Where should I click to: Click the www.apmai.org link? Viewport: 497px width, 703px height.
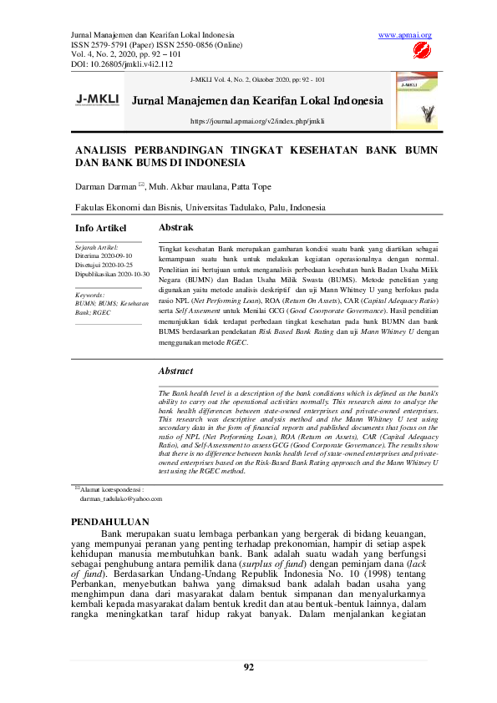pos(405,35)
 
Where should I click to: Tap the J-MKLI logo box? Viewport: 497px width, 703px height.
pos(98,99)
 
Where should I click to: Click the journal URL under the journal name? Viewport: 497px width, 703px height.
pos(257,121)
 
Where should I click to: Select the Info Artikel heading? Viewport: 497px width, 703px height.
pos(101,228)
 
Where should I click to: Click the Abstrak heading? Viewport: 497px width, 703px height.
pos(175,227)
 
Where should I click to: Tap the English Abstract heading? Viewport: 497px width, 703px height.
pos(175,371)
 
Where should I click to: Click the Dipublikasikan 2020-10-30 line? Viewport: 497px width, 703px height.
pos(113,273)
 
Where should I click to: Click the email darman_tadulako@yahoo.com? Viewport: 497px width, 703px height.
pos(120,498)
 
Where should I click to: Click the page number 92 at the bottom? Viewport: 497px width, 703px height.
pos(248,666)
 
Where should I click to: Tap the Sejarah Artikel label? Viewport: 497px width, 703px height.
pos(97,248)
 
